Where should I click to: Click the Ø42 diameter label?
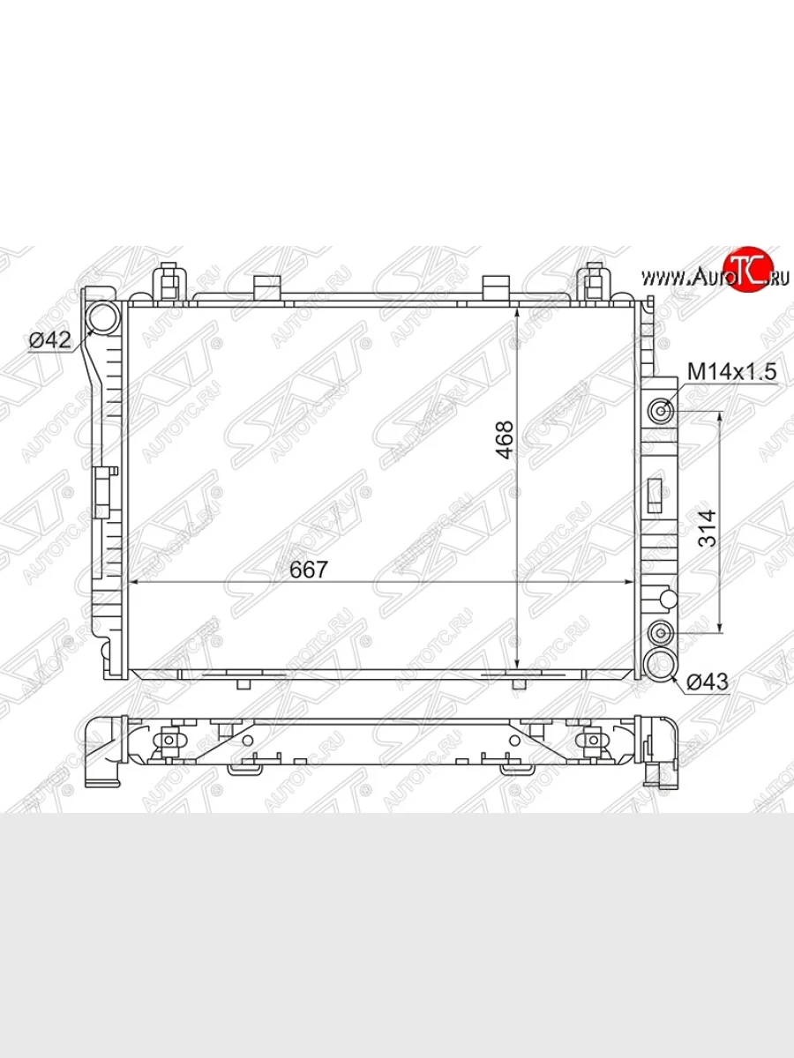pos(49,340)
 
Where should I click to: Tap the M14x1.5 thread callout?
pos(732,372)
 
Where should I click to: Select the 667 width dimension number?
pos(309,570)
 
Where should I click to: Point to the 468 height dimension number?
pos(506,440)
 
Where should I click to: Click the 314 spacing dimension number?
pos(708,528)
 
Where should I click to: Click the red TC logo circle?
pos(751,270)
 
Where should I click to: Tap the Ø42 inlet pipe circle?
pos(103,317)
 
